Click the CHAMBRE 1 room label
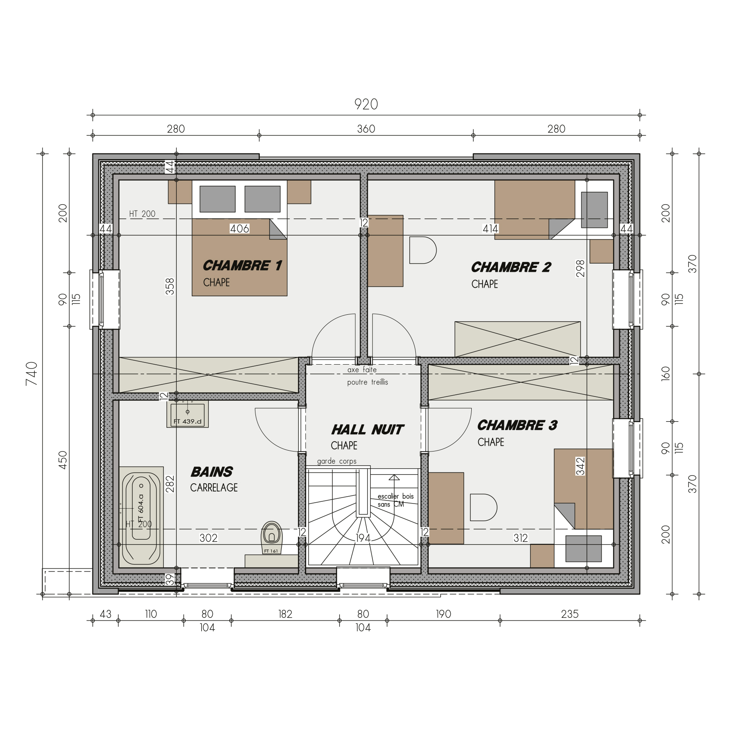[x=242, y=265]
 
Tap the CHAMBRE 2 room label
[x=511, y=267]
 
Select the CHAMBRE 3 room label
[x=517, y=425]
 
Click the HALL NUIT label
[x=367, y=430]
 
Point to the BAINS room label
[x=212, y=472]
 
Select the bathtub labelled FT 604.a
[x=141, y=515]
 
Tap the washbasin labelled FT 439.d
[x=187, y=414]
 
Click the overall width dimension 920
[x=366, y=104]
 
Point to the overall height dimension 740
[x=32, y=373]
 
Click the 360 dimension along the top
[x=366, y=129]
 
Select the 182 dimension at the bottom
[x=285, y=614]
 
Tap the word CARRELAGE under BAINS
[x=214, y=488]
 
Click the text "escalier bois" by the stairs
[x=395, y=496]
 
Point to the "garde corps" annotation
[x=337, y=461]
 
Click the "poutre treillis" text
[x=368, y=382]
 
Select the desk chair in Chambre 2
[x=422, y=250]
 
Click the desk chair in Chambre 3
[x=483, y=507]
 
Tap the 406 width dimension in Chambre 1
[x=240, y=229]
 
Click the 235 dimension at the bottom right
[x=570, y=614]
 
